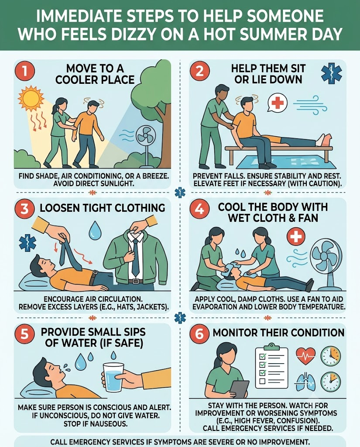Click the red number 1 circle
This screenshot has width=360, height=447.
[x=25, y=71]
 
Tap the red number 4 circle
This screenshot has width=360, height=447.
[x=199, y=210]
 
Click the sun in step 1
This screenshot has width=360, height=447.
[x=31, y=99]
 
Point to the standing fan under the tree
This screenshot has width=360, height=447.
[x=146, y=147]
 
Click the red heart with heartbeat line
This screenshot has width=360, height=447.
[x=306, y=355]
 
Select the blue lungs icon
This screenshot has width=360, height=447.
[x=306, y=382]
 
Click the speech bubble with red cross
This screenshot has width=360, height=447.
[x=277, y=103]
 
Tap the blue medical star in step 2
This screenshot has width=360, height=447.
[x=331, y=73]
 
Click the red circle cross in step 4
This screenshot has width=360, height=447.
[x=295, y=236]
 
